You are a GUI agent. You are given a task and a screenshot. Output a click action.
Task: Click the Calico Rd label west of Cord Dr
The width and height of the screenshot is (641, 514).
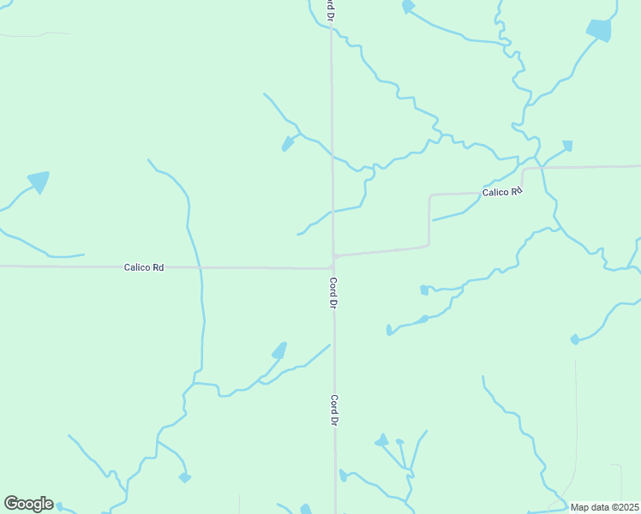click(143, 267)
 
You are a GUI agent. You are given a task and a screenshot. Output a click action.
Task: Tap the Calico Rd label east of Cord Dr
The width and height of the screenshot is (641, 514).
click(501, 193)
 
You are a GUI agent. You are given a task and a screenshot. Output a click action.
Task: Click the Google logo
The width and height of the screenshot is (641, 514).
click(28, 504)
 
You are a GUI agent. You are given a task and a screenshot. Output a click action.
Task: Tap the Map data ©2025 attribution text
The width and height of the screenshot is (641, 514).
click(605, 507)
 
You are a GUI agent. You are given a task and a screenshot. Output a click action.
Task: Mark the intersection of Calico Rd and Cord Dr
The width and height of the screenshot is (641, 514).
click(333, 256)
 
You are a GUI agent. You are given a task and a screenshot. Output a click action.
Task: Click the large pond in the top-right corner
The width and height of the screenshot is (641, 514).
click(600, 30)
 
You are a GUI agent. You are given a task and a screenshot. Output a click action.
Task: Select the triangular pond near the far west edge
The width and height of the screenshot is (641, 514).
click(39, 181)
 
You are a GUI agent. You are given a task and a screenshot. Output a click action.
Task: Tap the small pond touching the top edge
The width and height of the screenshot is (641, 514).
click(408, 7)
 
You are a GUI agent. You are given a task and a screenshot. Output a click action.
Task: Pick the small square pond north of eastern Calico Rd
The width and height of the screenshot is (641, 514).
click(566, 146)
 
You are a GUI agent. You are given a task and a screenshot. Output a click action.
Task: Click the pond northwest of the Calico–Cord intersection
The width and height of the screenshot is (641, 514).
click(288, 144)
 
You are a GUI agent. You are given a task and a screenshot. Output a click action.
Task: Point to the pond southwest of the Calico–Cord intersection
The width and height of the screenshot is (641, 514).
click(279, 350)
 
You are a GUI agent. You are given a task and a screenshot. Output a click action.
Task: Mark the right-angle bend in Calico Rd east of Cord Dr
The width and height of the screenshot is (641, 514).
click(428, 246)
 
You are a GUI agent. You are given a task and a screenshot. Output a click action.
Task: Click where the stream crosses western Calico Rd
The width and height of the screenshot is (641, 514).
click(199, 267)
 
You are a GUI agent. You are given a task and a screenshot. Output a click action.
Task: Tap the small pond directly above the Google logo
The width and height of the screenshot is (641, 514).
click(184, 477)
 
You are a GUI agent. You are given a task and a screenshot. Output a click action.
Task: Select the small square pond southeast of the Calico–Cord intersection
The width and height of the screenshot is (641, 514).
click(423, 290)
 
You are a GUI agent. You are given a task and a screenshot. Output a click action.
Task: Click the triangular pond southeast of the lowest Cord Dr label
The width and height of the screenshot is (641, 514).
click(380, 441)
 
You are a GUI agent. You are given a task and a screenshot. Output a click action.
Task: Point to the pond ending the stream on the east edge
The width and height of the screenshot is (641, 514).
click(574, 340)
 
